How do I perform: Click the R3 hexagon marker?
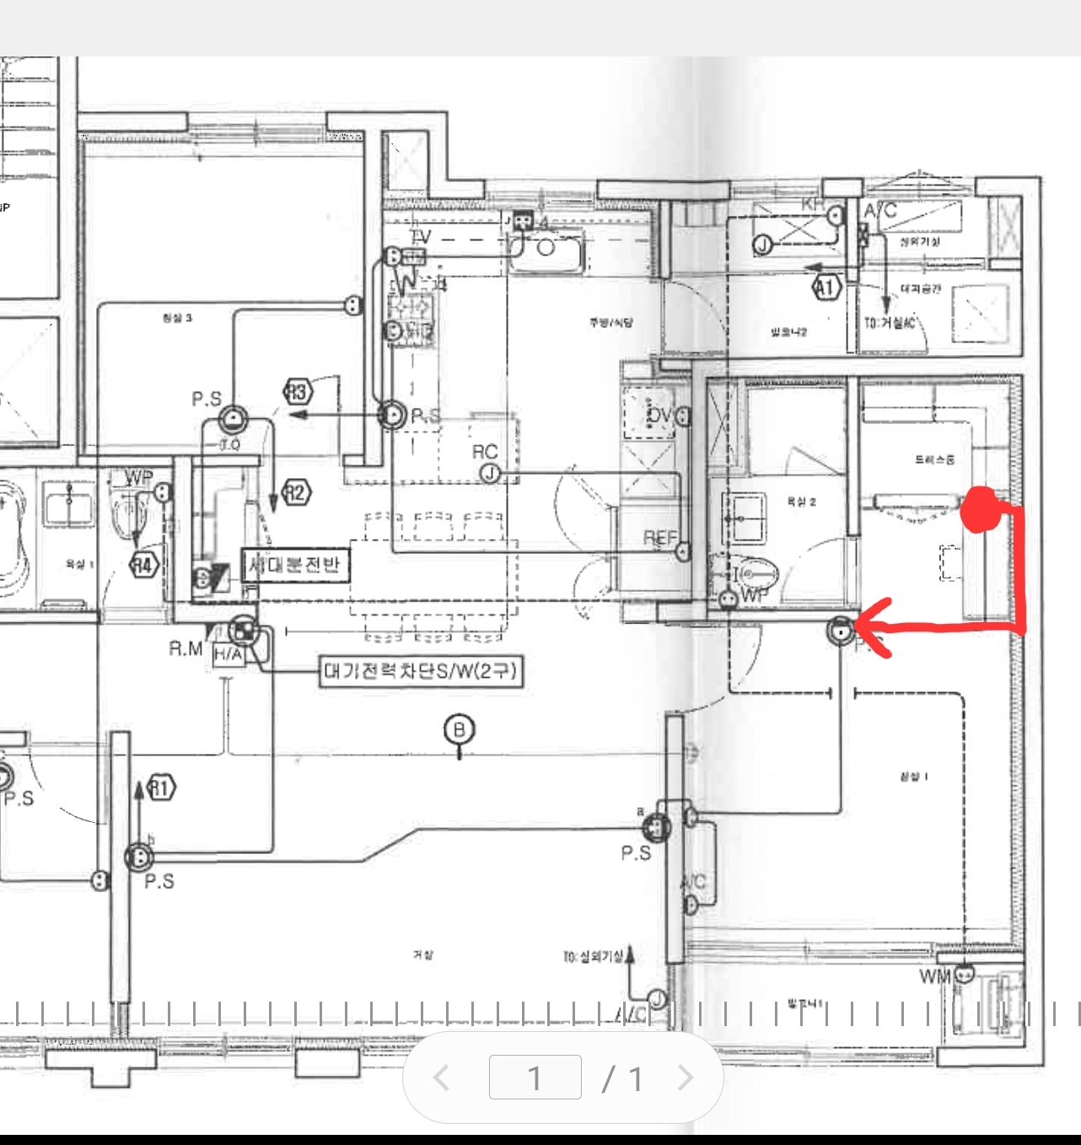[x=297, y=392]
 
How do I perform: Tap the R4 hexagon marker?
[x=144, y=565]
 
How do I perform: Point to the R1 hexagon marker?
[x=160, y=788]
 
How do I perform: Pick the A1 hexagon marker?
[x=827, y=288]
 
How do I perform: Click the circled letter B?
[x=460, y=729]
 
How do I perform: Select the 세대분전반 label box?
[x=295, y=564]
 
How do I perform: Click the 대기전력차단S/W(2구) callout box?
[x=421, y=672]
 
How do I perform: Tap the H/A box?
[x=228, y=654]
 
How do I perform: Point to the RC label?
[x=485, y=452]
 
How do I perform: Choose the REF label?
[x=659, y=538]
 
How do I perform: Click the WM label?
[x=935, y=976]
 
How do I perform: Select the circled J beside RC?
[x=490, y=475]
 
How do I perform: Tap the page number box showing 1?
[x=535, y=1078]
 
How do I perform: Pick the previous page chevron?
[x=440, y=1078]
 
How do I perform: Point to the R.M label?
[x=186, y=648]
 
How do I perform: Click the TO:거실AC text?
[x=890, y=323]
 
